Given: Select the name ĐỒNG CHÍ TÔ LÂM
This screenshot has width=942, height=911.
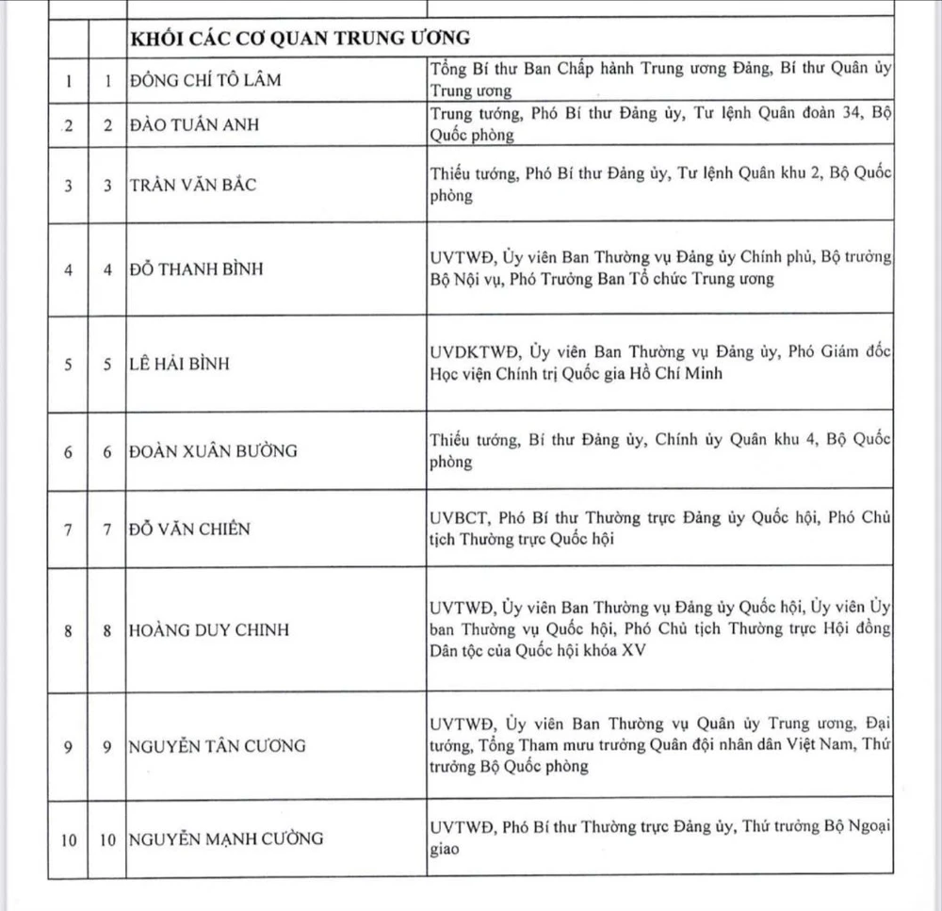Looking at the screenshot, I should tap(206, 80).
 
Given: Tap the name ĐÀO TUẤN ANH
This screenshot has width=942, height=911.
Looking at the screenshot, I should tap(193, 125).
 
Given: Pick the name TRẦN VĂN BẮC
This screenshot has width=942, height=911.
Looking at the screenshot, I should tap(193, 185).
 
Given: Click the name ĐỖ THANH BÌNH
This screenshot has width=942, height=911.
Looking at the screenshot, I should tap(197, 268).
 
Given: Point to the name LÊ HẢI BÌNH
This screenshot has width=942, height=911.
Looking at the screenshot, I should tap(180, 364).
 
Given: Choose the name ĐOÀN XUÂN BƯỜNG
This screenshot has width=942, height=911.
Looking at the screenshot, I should tap(213, 450).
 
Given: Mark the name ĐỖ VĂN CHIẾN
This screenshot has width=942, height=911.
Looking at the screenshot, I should tap(189, 529).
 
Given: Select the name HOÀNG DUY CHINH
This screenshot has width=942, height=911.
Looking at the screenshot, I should tap(209, 630).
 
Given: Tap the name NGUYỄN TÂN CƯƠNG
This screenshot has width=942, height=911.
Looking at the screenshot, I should tap(218, 746).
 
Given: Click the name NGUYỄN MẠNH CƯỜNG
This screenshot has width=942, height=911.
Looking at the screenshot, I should tap(226, 838).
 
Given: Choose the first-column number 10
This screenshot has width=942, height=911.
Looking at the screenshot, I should tap(69, 838).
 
